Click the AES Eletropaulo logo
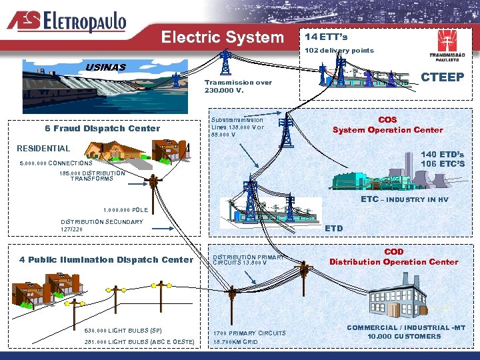tap(67, 21)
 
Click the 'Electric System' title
tap(223, 37)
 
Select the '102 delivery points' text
tap(339, 50)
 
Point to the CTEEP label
tap(443, 77)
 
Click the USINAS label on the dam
tap(105, 67)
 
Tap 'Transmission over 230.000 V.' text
tap(238, 86)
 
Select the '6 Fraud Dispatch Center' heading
tap(103, 128)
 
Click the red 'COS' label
tap(387, 120)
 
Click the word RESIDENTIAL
tap(43, 148)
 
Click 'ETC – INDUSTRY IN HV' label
tap(405, 199)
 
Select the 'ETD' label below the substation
tap(333, 228)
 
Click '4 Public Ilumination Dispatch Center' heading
tap(106, 259)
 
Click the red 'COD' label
tap(393, 252)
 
